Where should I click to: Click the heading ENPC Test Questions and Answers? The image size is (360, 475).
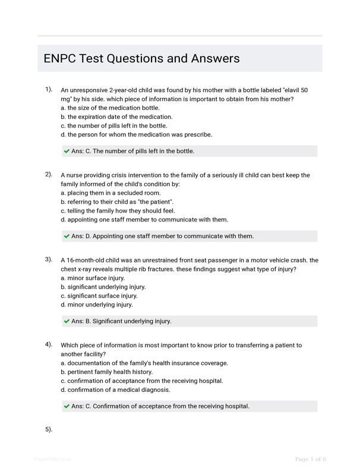tap(141, 58)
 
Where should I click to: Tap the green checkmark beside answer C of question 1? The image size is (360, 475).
tap(67, 151)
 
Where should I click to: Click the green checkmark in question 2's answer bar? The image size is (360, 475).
tap(67, 236)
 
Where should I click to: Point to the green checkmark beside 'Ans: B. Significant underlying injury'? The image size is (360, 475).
tap(67, 321)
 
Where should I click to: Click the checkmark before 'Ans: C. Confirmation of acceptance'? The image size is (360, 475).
tap(67, 406)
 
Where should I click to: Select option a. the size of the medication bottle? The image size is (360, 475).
tap(110, 108)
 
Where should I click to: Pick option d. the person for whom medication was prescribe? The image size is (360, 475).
tap(136, 134)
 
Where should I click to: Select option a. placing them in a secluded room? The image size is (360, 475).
tap(110, 193)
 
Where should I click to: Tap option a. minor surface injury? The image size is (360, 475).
tap(93, 278)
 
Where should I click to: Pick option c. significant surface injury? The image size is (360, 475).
tap(99, 296)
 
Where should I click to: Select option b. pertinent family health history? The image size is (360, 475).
tap(106, 372)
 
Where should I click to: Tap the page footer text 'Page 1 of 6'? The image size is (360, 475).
tap(311, 459)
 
